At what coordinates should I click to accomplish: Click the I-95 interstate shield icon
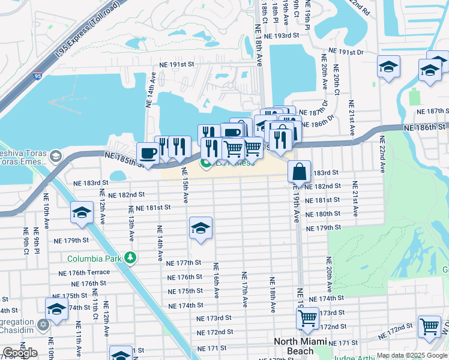(38, 76)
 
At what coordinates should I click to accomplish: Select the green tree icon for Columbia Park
(129, 258)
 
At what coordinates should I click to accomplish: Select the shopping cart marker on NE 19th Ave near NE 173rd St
(307, 318)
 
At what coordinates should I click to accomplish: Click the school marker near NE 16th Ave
(200, 227)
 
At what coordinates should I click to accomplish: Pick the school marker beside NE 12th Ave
(82, 212)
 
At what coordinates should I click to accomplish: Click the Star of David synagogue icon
(43, 325)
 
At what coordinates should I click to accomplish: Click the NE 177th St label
(184, 263)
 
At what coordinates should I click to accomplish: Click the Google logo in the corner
(19, 353)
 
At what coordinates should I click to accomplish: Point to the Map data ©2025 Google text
(411, 355)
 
